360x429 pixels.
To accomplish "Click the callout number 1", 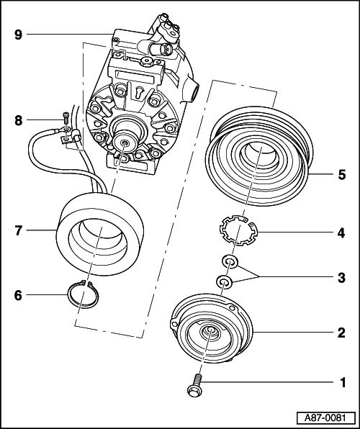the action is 343,382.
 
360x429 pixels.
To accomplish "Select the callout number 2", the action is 341,333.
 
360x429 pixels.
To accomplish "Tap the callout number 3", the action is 341,278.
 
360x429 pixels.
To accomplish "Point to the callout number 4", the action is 341,233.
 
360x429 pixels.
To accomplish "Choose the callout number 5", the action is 342,175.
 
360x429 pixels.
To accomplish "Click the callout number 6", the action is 18,296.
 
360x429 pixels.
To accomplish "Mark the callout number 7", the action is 18,230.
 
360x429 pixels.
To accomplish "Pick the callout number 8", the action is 18,120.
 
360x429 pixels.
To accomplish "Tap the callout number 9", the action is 18,35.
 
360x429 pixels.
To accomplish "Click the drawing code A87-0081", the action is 325,418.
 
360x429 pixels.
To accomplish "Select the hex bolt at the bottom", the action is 195,386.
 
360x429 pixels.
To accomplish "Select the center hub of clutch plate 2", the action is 210,332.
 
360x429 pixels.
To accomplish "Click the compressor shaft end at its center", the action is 125,143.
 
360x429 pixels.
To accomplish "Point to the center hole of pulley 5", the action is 258,156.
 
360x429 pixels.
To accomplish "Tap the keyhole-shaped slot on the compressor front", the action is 139,93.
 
